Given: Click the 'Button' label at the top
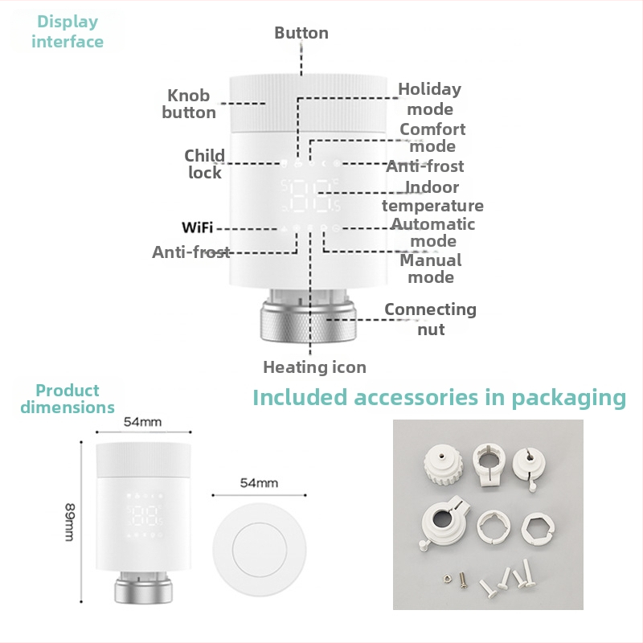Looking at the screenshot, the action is pyautogui.click(x=301, y=33).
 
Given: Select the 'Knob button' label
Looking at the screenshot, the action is pyautogui.click(x=189, y=104).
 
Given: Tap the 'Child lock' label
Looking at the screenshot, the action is pyautogui.click(x=205, y=164).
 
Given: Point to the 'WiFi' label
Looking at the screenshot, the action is pyautogui.click(x=197, y=227).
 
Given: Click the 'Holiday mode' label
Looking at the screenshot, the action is pyautogui.click(x=430, y=99).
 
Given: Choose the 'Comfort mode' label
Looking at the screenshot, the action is pyautogui.click(x=432, y=137).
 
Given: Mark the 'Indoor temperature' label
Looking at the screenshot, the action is pyautogui.click(x=432, y=196).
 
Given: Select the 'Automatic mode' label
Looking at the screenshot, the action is pyautogui.click(x=433, y=232).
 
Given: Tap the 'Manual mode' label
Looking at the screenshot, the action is pyautogui.click(x=431, y=268).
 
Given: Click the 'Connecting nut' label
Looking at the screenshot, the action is pyautogui.click(x=431, y=319).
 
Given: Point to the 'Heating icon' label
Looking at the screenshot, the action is pyautogui.click(x=314, y=367).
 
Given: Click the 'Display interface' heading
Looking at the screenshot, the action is pyautogui.click(x=68, y=31).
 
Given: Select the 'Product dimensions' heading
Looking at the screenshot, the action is pyautogui.click(x=68, y=399).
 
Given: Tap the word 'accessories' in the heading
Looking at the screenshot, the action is pyautogui.click(x=416, y=397).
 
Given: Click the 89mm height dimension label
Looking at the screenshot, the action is pyautogui.click(x=70, y=522).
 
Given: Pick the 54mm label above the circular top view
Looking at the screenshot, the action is pyautogui.click(x=259, y=483).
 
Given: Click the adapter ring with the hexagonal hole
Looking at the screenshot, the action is pyautogui.click(x=538, y=529).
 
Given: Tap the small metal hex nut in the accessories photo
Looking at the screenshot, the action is pyautogui.click(x=448, y=579).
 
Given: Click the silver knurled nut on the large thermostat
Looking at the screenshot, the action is pyautogui.click(x=309, y=321).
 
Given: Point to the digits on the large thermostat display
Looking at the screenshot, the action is pyautogui.click(x=311, y=196).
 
